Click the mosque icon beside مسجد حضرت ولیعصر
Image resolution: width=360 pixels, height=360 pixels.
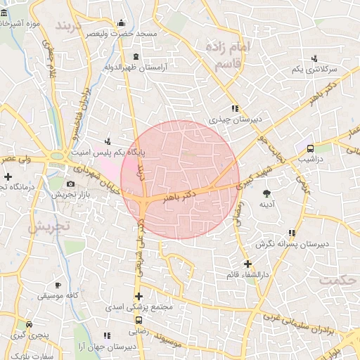pyautogui.click(x=122, y=22)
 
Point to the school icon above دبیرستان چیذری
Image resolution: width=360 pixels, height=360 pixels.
pyautogui.click(x=235, y=108)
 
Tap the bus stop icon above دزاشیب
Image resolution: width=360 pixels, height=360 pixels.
pyautogui.click(x=309, y=148)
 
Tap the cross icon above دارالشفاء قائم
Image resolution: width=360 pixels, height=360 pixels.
pyautogui.click(x=247, y=264)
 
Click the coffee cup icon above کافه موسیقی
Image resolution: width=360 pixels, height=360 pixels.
pyautogui.click(x=58, y=285)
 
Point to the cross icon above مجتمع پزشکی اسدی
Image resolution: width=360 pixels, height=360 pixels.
pyautogui.click(x=139, y=297)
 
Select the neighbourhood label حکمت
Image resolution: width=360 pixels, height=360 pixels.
pyautogui.click(x=337, y=280)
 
